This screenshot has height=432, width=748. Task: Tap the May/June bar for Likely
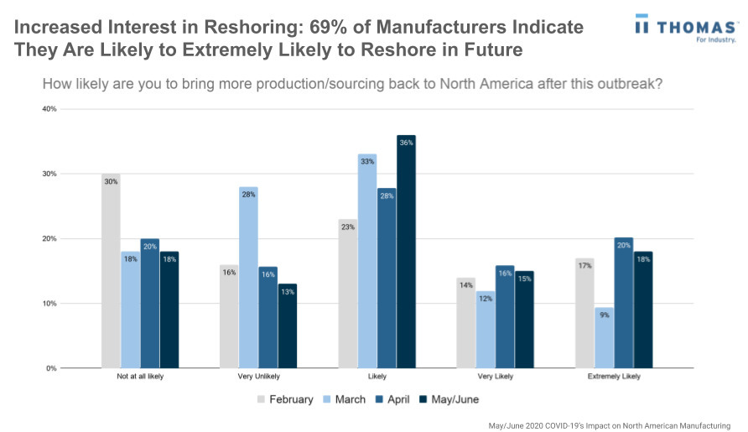407,252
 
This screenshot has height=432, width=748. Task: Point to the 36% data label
407,143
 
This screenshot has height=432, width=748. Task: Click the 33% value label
367,162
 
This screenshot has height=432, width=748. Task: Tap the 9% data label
605,315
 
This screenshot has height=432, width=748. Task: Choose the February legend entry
284,399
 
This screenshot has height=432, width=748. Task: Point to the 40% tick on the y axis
49,109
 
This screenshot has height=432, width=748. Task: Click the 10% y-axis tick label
49,304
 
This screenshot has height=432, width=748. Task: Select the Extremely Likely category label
615,377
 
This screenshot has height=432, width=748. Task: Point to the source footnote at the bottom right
610,425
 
